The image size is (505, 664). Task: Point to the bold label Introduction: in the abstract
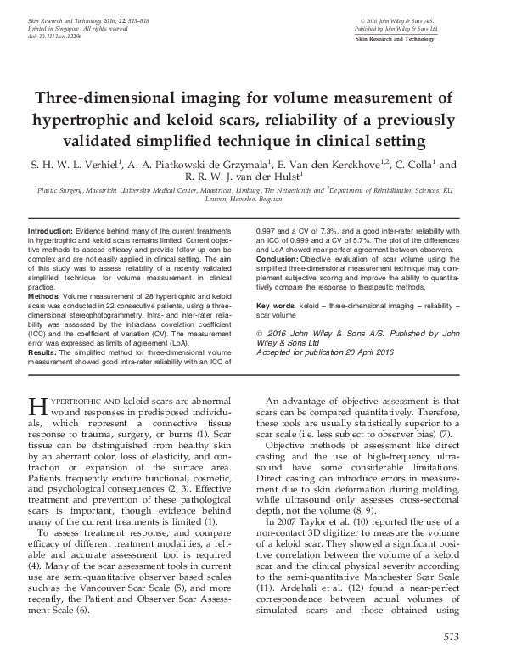[51, 231]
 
